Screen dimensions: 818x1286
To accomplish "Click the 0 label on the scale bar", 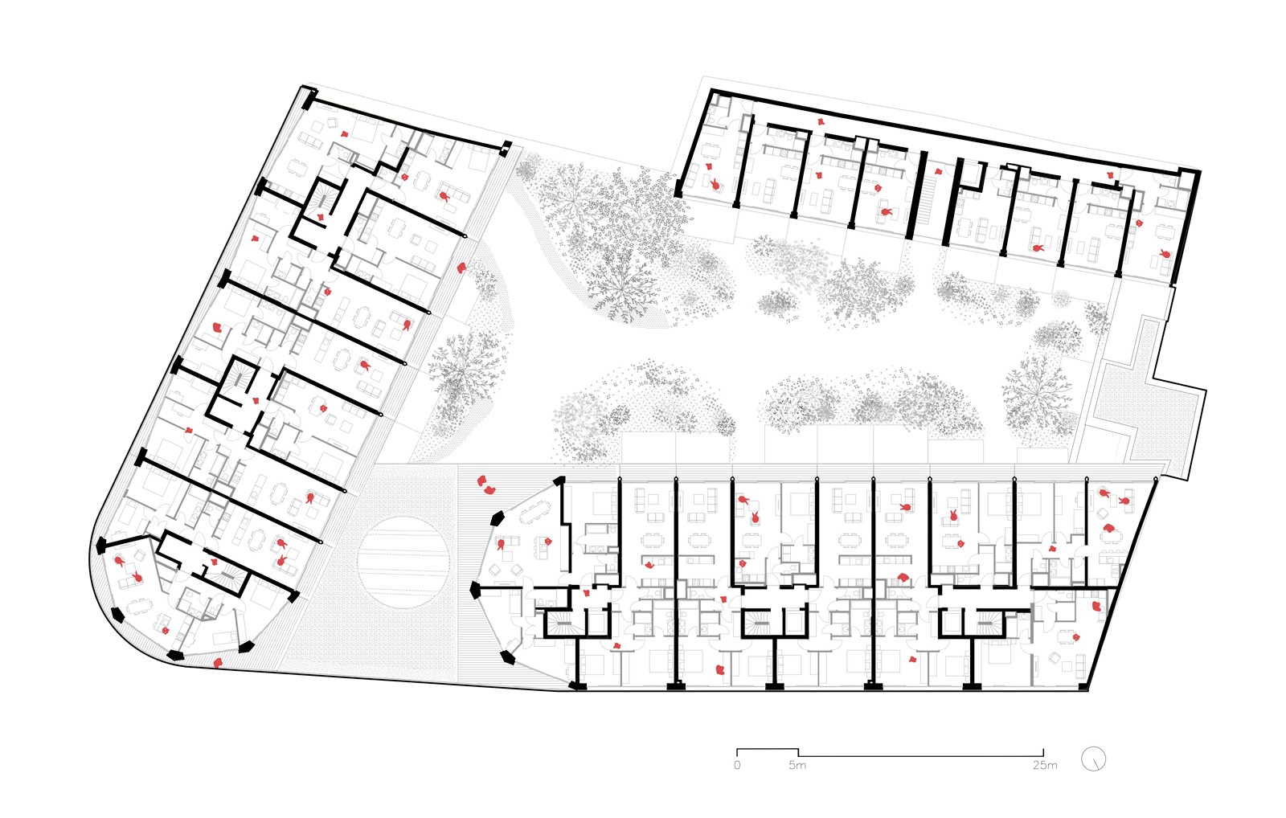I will (737, 765).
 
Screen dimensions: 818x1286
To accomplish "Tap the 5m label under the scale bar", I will (797, 765).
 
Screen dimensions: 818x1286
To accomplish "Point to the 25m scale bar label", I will (1044, 765).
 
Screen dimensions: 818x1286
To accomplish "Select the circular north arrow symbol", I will (1093, 759).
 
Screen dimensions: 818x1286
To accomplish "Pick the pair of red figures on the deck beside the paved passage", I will (485, 485).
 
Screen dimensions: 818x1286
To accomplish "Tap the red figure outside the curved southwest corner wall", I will (218, 663).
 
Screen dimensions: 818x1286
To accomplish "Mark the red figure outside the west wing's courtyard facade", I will (461, 268).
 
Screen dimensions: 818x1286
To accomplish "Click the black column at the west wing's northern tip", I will (309, 98).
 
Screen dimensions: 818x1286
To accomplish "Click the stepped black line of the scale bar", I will (884, 753).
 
